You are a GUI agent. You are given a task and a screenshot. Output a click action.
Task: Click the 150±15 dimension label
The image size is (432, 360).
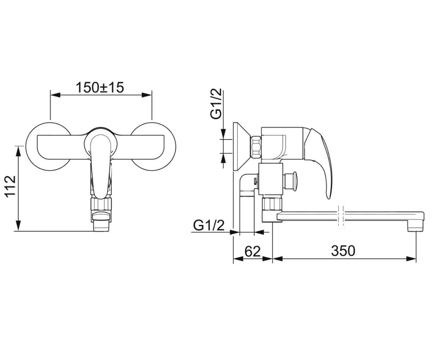[x=100, y=87]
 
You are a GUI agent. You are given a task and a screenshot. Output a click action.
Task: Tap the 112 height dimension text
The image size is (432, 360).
[x=10, y=187]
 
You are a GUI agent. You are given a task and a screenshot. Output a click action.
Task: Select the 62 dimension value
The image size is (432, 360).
[x=252, y=251]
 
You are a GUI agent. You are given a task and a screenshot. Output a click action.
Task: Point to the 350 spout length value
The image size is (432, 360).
[x=343, y=251]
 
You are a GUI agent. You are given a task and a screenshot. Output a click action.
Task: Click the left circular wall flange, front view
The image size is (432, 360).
[x=48, y=147]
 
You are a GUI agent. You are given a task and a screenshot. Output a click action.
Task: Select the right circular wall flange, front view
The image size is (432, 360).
[x=153, y=147]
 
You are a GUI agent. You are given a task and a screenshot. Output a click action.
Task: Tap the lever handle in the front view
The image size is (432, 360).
[x=101, y=166]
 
